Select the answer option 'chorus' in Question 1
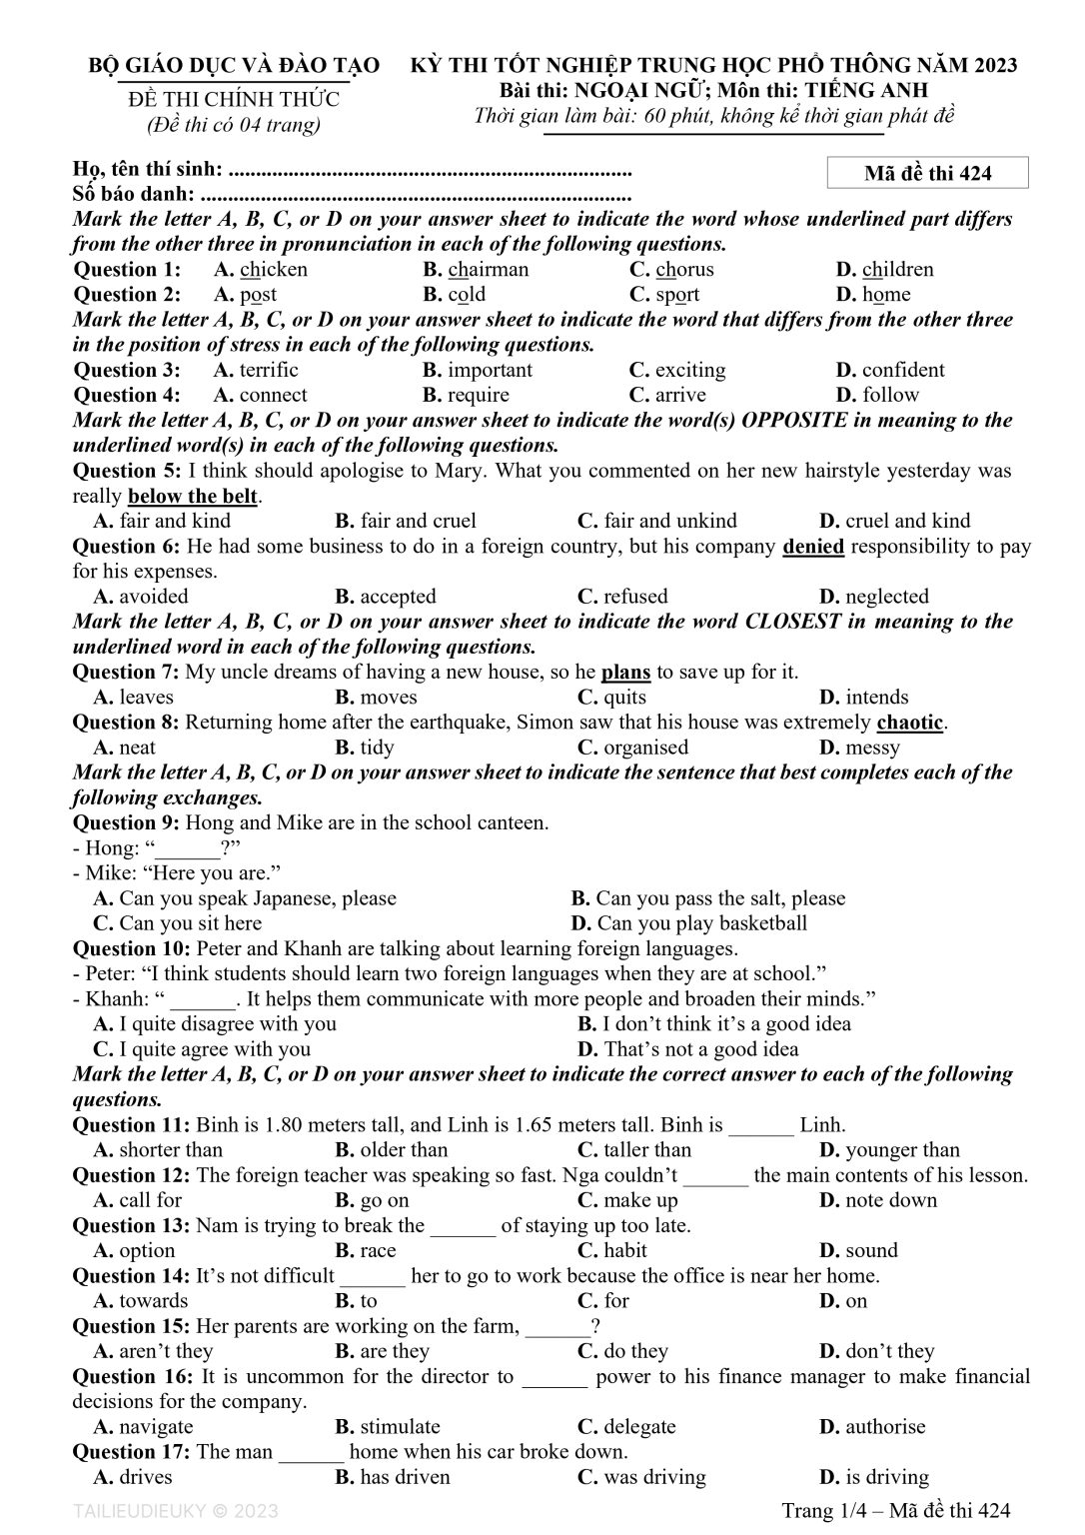point(684,269)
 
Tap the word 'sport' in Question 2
point(677,294)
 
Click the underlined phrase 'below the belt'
point(194,496)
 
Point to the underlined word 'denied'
point(813,546)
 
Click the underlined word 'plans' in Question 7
point(625,672)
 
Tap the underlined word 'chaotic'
point(909,722)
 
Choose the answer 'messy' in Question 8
point(872,748)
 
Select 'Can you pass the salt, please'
point(719,898)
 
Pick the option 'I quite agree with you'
point(214,1049)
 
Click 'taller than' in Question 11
point(646,1150)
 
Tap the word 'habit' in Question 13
point(625,1250)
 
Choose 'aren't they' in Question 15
point(165,1351)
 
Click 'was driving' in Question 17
point(654,1477)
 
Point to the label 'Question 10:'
point(133,948)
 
